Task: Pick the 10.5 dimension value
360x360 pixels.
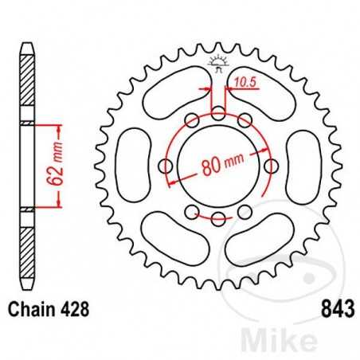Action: click(x=244, y=81)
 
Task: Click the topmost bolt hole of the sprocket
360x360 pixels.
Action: click(x=218, y=114)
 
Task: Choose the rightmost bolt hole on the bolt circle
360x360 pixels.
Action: click(x=271, y=166)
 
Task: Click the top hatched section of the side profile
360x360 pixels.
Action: click(x=28, y=84)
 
